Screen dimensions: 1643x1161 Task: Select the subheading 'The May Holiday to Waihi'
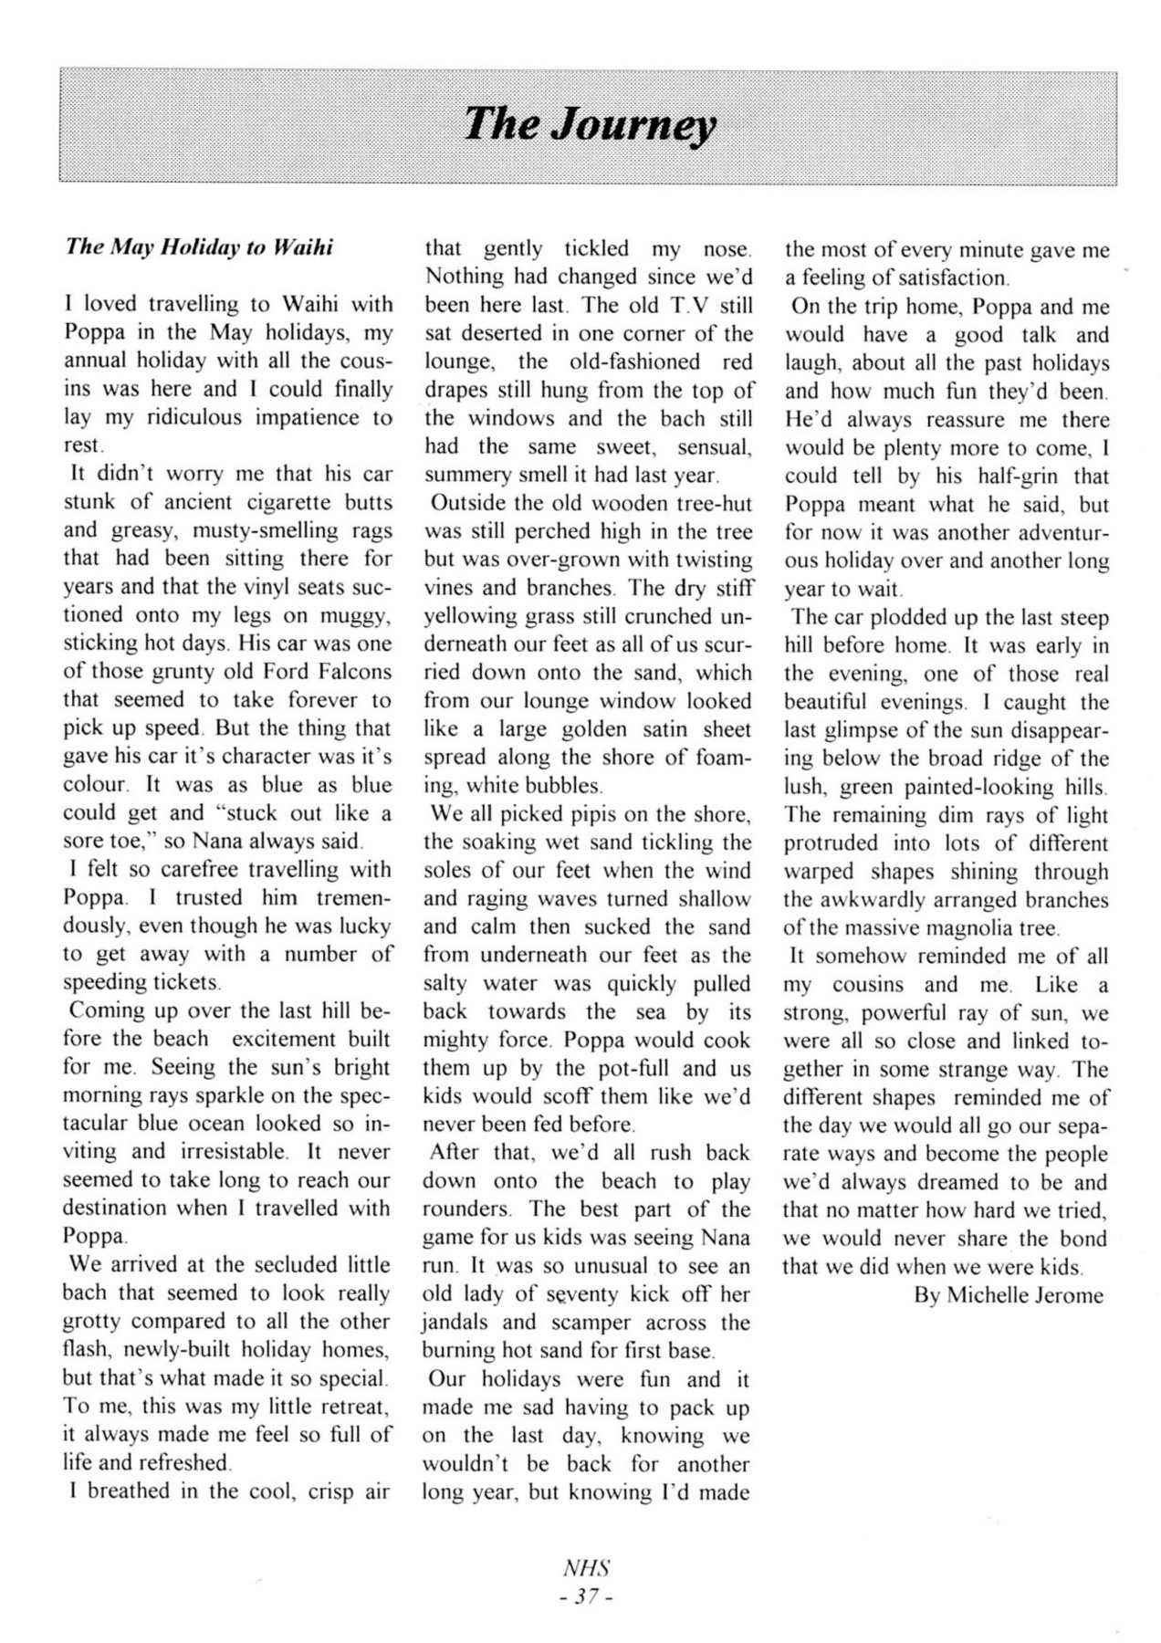(x=199, y=247)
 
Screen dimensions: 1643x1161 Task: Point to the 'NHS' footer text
(x=586, y=1568)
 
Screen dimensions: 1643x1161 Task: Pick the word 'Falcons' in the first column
(x=351, y=672)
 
